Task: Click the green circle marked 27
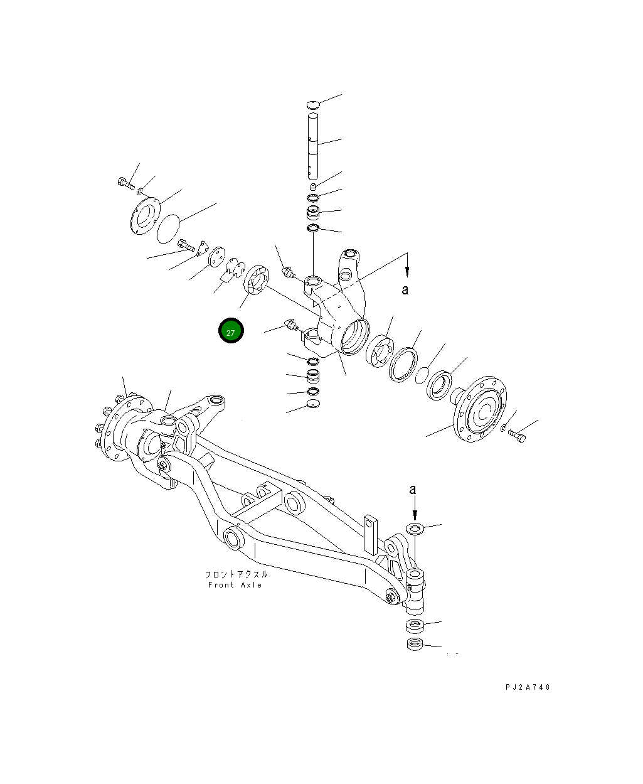230,331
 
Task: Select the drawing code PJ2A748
528,687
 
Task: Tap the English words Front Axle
235,585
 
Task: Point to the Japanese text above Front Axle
236,574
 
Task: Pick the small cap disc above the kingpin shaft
314,104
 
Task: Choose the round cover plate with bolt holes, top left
144,216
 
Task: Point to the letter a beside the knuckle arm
405,289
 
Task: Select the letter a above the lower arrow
412,489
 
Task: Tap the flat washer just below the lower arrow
415,528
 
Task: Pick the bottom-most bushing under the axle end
414,644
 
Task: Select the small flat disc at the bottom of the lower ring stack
313,405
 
